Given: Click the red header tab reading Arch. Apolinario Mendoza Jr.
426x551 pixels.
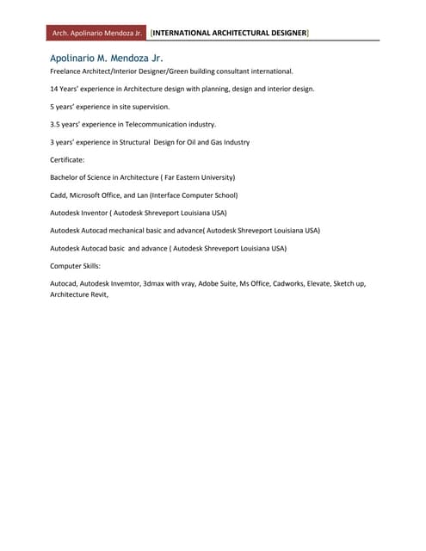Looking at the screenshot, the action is coord(97,33).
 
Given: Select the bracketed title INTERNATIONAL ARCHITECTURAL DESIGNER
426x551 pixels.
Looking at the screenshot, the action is coord(230,33).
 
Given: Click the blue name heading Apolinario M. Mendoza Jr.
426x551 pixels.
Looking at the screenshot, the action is coord(107,57).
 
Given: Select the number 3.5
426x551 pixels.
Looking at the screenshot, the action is coord(56,124).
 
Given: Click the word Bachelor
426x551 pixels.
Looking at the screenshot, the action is coord(68,177).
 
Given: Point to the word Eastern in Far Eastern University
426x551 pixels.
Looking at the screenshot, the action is coord(192,177).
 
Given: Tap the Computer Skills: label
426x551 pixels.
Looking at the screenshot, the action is coord(75,266).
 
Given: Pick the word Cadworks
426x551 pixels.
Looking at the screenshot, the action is coord(288,283).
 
